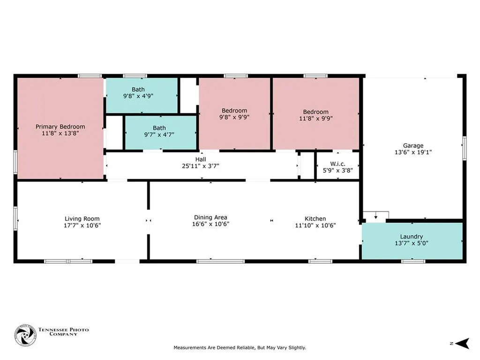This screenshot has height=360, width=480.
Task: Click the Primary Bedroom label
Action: [60, 127]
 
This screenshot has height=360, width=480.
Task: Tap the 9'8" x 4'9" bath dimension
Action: [138, 96]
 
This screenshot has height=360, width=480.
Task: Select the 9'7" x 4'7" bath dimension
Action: [159, 135]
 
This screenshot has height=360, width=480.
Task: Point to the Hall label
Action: [201, 159]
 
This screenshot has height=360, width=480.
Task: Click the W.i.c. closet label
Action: [338, 164]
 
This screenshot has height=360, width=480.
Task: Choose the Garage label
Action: [413, 146]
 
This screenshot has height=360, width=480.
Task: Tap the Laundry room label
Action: [412, 237]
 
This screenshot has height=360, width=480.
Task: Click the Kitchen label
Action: [315, 219]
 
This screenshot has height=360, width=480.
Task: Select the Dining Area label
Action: [210, 217]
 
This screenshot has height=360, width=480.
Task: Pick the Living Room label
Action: [82, 219]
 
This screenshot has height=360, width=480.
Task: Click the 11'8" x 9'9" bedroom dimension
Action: [316, 119]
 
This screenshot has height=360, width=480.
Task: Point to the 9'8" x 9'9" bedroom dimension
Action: [234, 117]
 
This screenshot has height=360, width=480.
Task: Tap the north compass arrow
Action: [462, 344]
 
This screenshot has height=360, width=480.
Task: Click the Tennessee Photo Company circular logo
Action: [25, 336]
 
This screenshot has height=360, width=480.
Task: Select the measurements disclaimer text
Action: [240, 348]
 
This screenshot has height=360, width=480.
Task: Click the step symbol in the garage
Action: [376, 217]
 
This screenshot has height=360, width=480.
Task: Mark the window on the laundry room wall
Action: [413, 262]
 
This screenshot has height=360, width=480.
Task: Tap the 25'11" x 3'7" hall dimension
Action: [201, 166]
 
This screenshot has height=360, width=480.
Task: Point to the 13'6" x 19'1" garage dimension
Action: [413, 152]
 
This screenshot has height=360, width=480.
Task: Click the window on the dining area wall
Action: [220, 262]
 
